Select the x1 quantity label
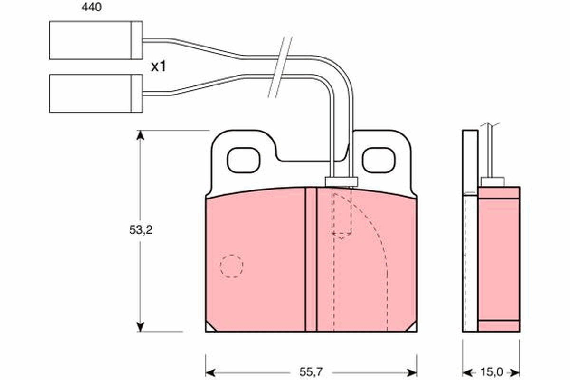pyautogui.click(x=158, y=67)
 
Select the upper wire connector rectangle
pyautogui.click(x=95, y=41)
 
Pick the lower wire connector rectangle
pyautogui.click(x=95, y=94)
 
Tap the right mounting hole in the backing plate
pyautogui.click(x=378, y=160)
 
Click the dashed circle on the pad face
pyautogui.click(x=231, y=266)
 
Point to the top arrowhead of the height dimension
pyautogui.click(x=140, y=136)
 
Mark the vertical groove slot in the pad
pyautogui.click(x=311, y=259)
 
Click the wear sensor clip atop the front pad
pyautogui.click(x=340, y=181)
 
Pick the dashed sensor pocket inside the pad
pyautogui.click(x=342, y=214)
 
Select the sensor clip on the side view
pyautogui.click(x=492, y=181)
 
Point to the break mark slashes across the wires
pyautogui.click(x=280, y=66)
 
